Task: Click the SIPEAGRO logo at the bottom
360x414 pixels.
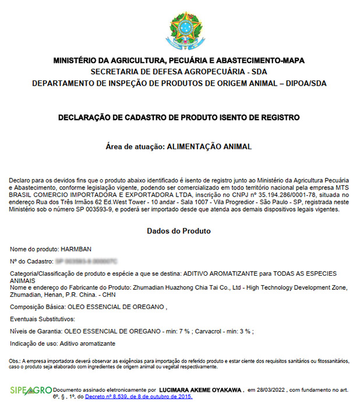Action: click(30, 390)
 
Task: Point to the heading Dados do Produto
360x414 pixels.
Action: click(179, 231)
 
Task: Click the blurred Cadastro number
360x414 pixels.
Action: click(86, 261)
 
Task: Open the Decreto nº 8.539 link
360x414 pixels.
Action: click(139, 397)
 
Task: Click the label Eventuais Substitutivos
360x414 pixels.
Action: click(43, 319)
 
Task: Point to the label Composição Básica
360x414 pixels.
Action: click(37, 307)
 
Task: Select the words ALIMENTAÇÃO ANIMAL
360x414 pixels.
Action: click(209, 146)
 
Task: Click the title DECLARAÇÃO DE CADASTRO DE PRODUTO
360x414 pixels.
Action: click(179, 117)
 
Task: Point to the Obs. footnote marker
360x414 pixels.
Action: click(16, 361)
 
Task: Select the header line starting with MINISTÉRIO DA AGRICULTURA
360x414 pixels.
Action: click(179, 60)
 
